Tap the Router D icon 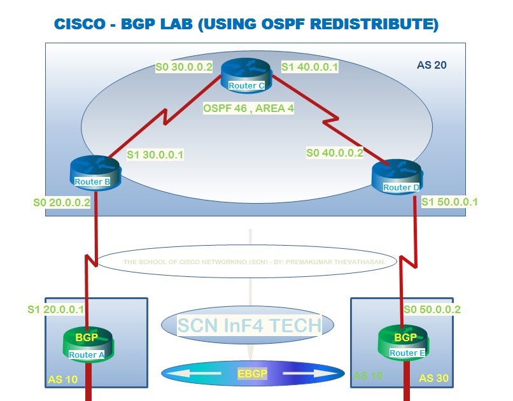[397, 178]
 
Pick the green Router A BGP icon [86, 344]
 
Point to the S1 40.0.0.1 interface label [309, 66]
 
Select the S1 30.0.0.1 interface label [155, 154]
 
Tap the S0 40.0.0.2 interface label [335, 153]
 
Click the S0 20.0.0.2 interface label [62, 202]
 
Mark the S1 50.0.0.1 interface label [450, 202]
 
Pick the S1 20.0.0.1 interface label [57, 309]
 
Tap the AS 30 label [434, 378]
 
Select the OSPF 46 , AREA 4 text [248, 109]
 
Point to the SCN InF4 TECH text [249, 325]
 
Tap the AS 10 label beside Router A [62, 379]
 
